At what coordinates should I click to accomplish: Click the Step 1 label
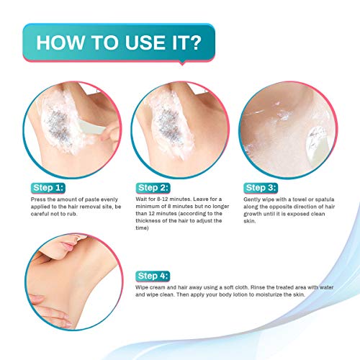click(x=48, y=188)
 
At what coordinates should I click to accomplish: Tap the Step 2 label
click(x=153, y=188)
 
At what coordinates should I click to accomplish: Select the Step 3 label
click(x=261, y=188)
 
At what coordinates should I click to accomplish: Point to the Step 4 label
click(x=153, y=276)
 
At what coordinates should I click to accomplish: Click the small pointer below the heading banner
click(x=182, y=63)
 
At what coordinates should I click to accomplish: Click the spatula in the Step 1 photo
click(x=91, y=127)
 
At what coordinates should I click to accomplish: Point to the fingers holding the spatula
click(x=110, y=133)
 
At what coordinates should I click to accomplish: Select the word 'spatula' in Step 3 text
click(x=325, y=199)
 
